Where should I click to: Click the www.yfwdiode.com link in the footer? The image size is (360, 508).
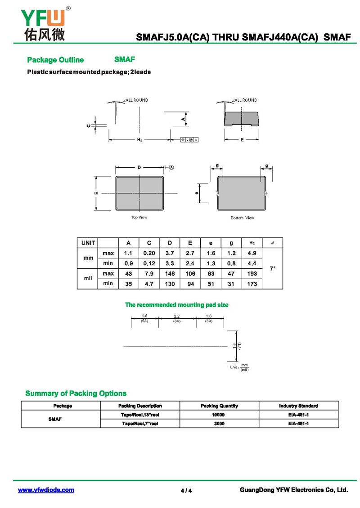click(x=46, y=490)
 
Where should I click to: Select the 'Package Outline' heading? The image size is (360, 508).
click(x=55, y=60)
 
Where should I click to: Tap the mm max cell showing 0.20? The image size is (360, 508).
click(x=149, y=254)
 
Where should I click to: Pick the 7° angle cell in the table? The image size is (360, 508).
click(x=272, y=268)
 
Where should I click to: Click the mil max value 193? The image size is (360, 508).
click(x=252, y=273)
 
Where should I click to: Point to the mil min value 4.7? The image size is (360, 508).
click(x=149, y=284)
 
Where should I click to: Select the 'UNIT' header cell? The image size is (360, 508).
click(x=88, y=243)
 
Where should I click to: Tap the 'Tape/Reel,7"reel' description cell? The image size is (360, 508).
click(x=139, y=423)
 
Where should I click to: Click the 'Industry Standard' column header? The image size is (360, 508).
click(x=298, y=406)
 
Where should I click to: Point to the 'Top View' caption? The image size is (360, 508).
click(x=139, y=218)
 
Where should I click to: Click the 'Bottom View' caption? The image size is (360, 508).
click(x=242, y=218)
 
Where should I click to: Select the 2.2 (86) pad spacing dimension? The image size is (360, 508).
click(x=177, y=319)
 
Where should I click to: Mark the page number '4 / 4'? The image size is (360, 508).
click(x=186, y=490)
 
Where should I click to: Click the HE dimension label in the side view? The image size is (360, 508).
click(x=139, y=140)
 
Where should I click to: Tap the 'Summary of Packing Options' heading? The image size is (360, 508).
click(x=76, y=393)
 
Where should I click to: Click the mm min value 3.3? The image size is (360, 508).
click(x=169, y=263)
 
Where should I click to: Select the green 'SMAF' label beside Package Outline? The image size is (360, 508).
click(x=125, y=59)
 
